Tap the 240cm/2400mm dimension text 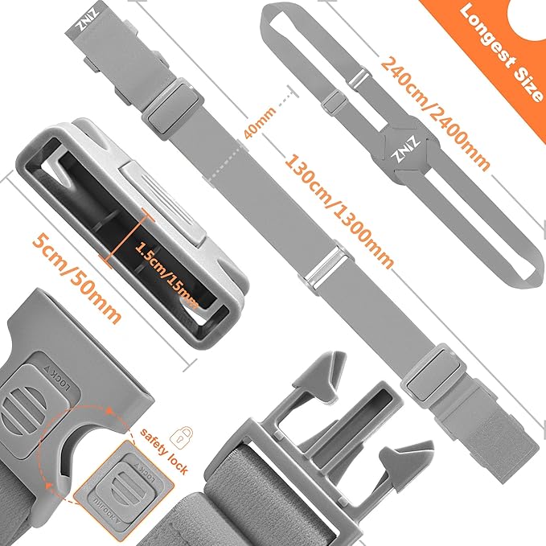435,113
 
